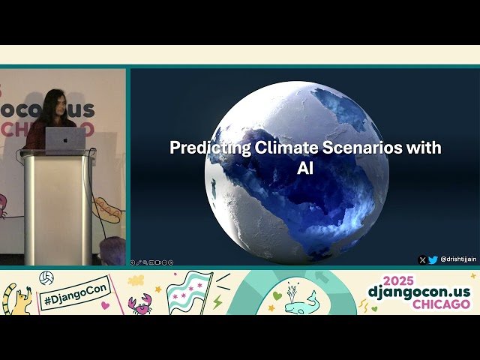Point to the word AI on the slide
click(304, 169)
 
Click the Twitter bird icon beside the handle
click(433, 260)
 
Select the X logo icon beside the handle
click(422, 260)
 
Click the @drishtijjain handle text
click(457, 260)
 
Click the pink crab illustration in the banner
click(139, 303)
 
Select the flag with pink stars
click(187, 292)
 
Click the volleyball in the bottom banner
click(46, 278)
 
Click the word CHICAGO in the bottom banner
click(441, 304)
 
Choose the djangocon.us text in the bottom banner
click(418, 291)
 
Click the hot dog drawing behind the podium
click(107, 210)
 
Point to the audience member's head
click(112, 250)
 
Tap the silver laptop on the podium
click(66, 140)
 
